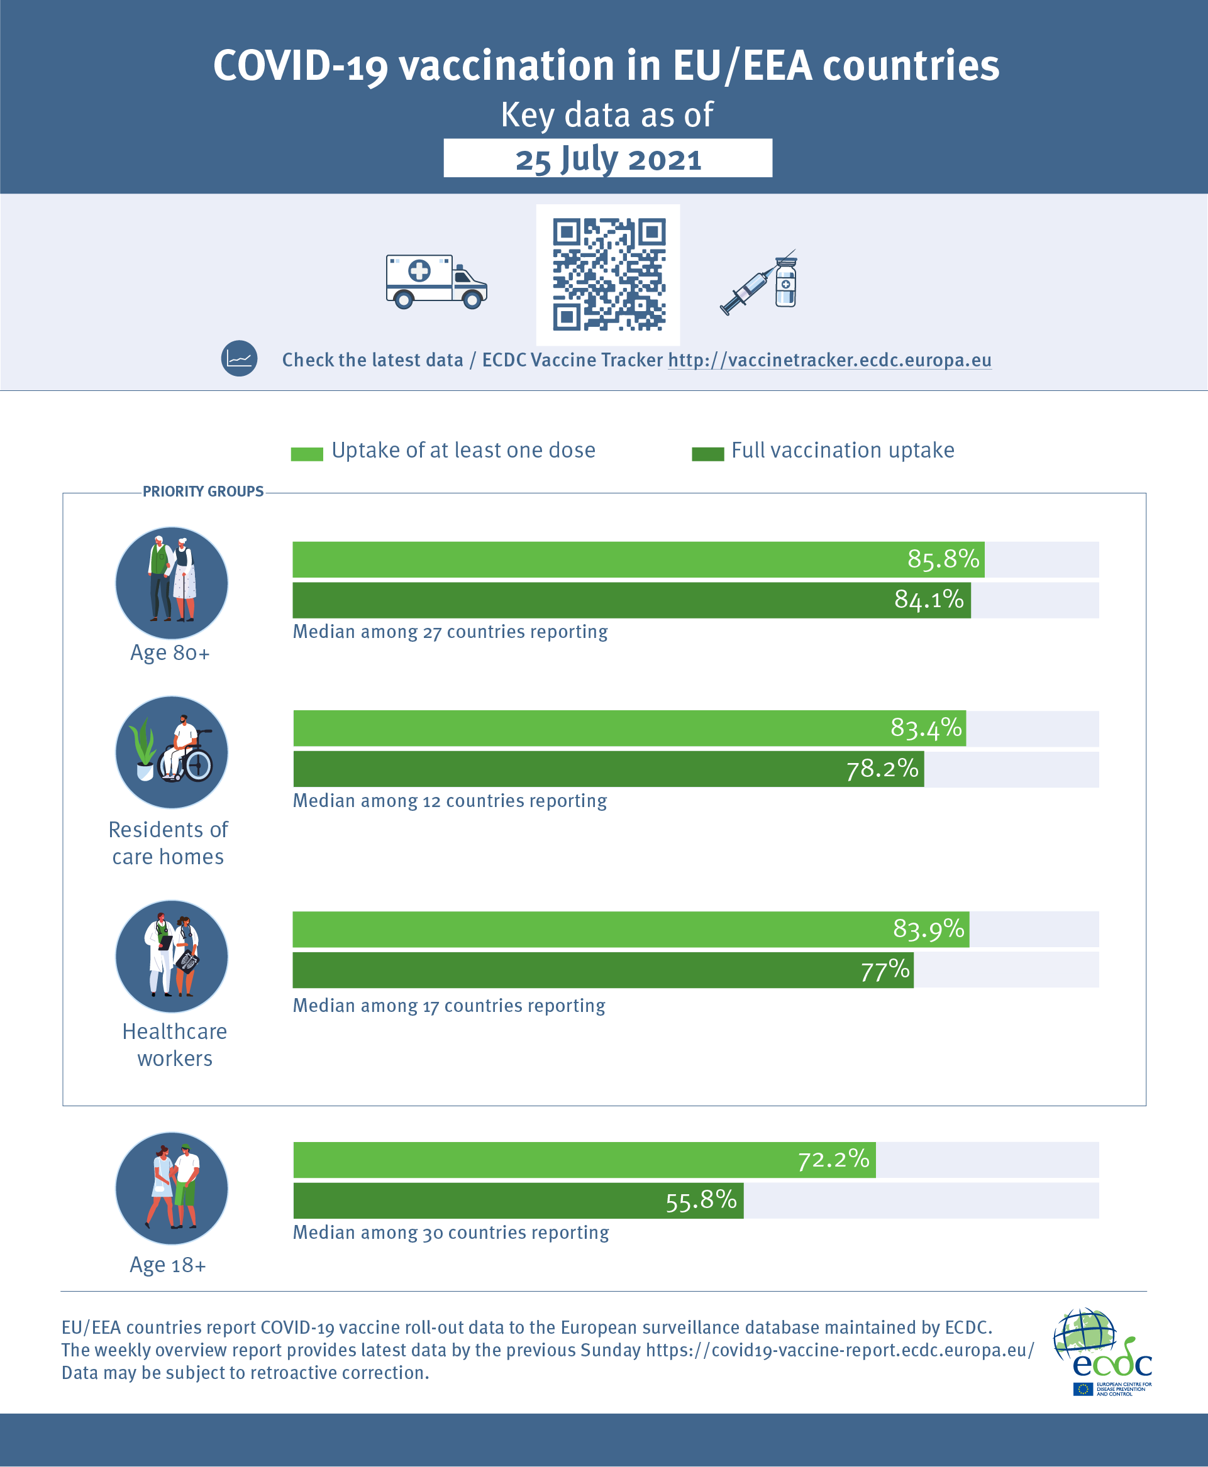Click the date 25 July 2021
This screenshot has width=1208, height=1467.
click(x=608, y=159)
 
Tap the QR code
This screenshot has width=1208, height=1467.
click(x=609, y=275)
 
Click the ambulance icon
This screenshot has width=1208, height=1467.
click(x=436, y=282)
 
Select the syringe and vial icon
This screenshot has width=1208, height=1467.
click(x=759, y=282)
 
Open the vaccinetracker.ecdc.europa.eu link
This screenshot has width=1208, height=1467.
click(x=829, y=360)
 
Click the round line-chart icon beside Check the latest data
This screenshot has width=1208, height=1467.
click(x=240, y=359)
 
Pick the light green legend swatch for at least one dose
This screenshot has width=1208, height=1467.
click(x=307, y=454)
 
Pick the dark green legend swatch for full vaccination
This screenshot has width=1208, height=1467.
click(x=707, y=454)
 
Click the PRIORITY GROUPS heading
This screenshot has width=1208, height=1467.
click(x=203, y=492)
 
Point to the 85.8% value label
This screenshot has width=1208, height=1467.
click(x=943, y=559)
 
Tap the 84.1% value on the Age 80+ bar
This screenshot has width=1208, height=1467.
click(x=929, y=600)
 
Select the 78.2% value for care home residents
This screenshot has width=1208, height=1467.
click(x=882, y=769)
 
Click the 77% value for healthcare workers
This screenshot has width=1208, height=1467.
click(x=885, y=970)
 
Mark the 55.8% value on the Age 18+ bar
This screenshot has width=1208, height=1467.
click(x=701, y=1200)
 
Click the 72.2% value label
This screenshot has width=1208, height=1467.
click(x=834, y=1160)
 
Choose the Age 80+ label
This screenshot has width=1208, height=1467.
click(x=170, y=653)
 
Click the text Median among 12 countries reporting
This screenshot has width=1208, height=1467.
click(x=450, y=801)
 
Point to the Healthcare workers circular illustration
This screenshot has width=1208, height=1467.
click(x=172, y=957)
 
